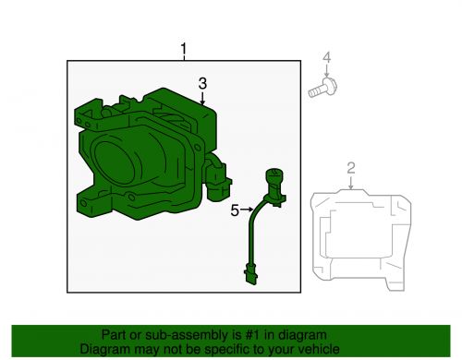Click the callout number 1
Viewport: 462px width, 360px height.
pyautogui.click(x=183, y=48)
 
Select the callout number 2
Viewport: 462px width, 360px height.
pyautogui.click(x=351, y=167)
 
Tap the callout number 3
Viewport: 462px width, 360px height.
pyautogui.click(x=202, y=84)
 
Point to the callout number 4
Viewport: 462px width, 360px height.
pyautogui.click(x=325, y=61)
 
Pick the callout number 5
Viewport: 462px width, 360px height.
pyautogui.click(x=235, y=210)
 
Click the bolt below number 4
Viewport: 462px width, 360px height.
pyautogui.click(x=320, y=90)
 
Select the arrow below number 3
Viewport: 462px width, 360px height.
pyautogui.click(x=202, y=99)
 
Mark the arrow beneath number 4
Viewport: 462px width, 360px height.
pyautogui.click(x=325, y=74)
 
